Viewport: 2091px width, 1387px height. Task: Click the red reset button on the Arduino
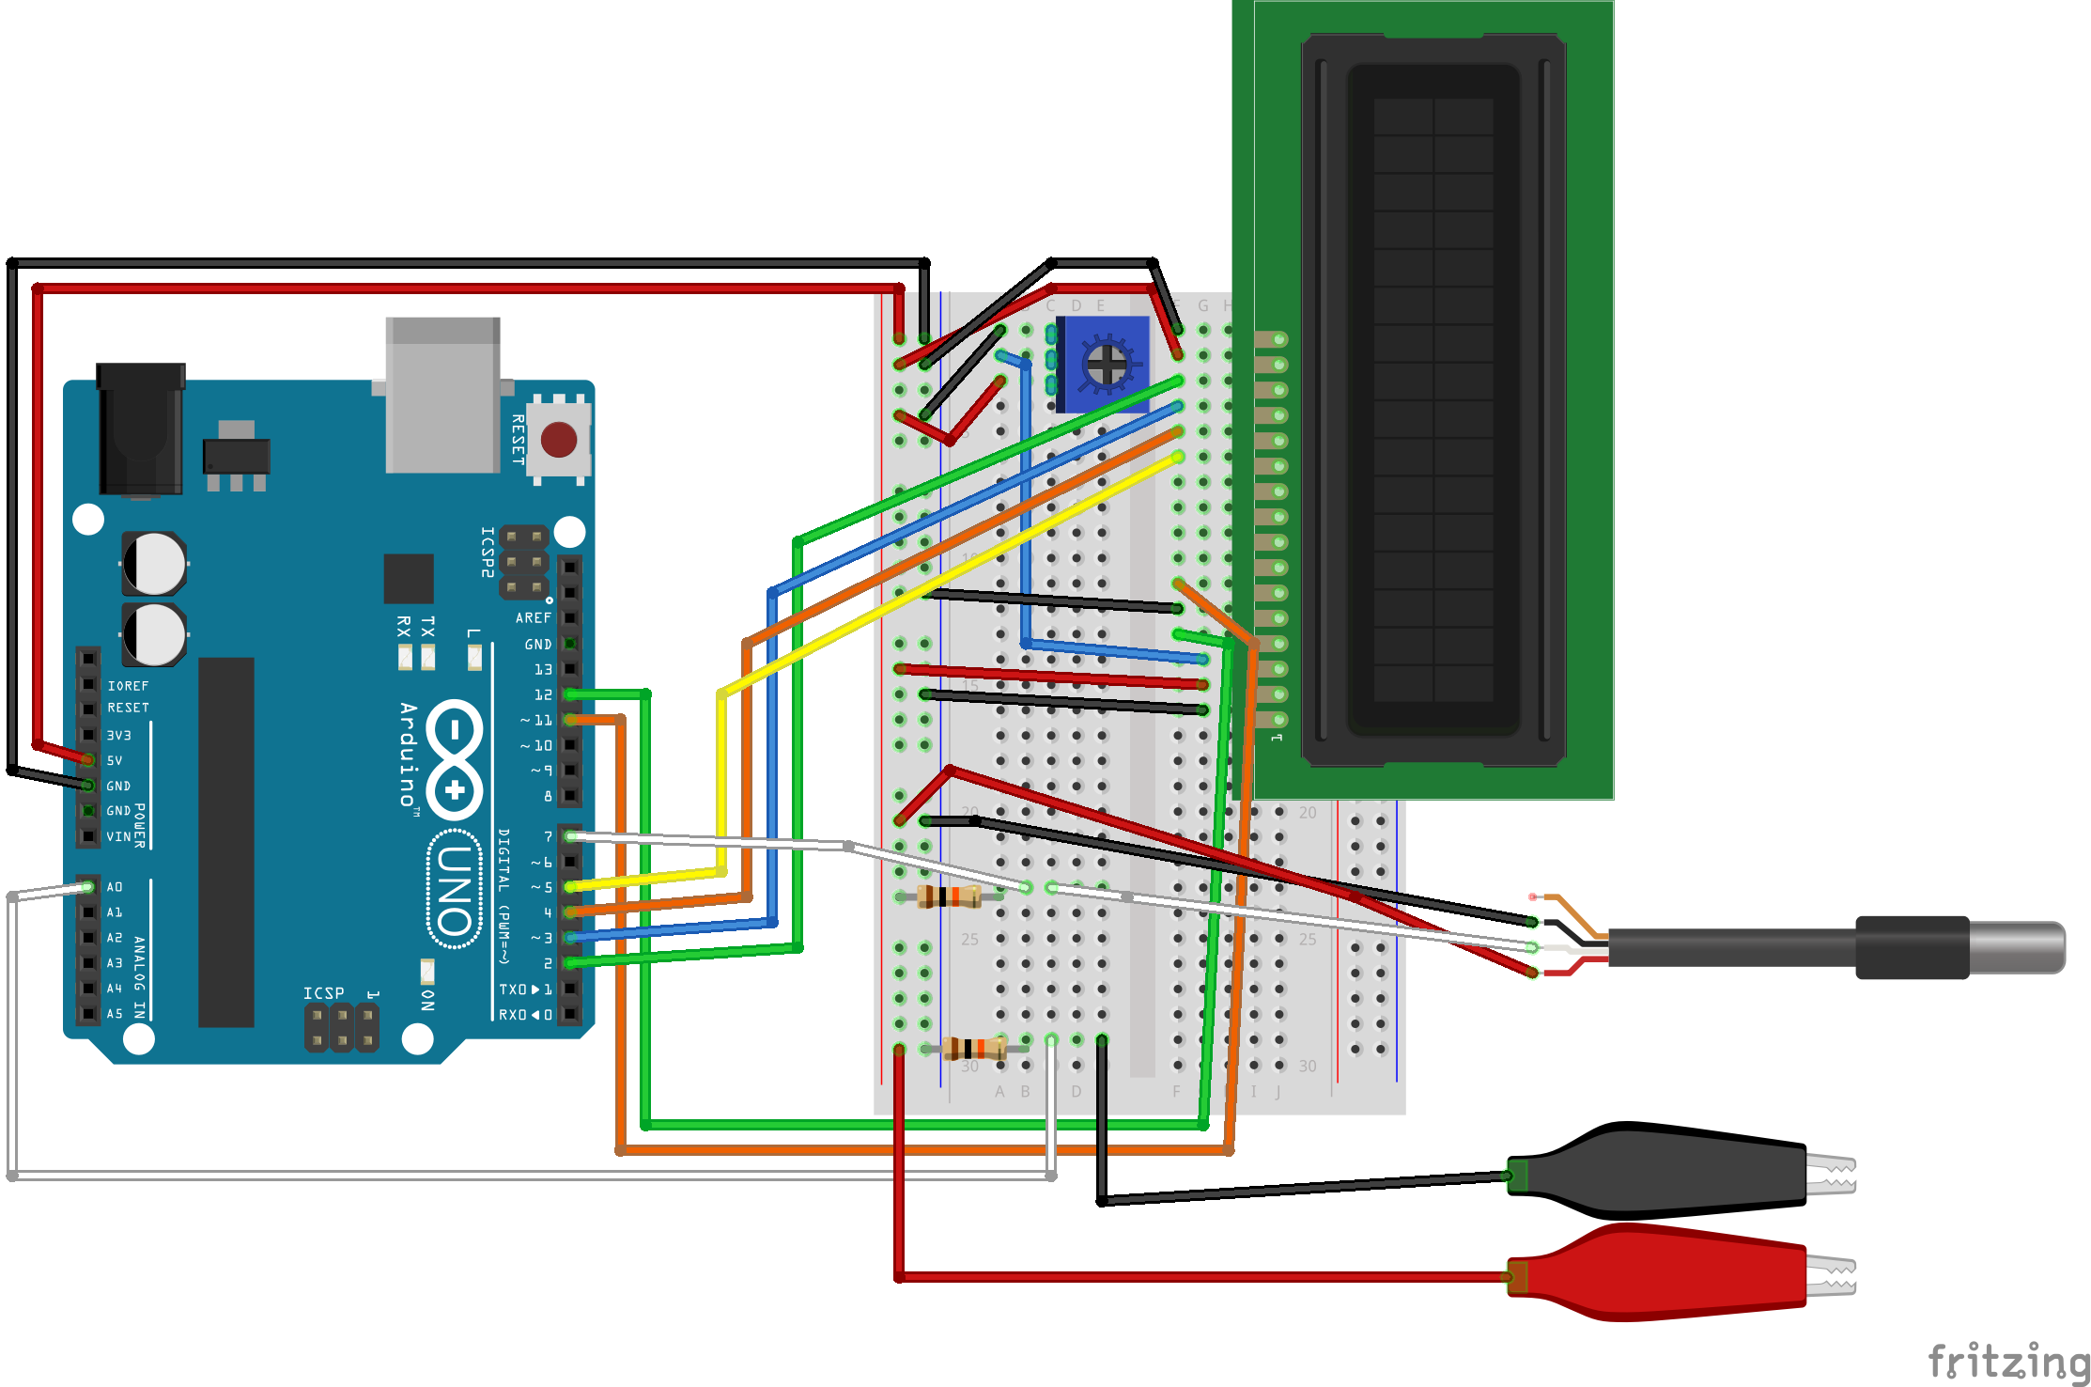[x=559, y=440]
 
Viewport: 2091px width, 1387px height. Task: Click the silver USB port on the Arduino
[x=442, y=395]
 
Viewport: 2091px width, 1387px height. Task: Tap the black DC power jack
[x=141, y=428]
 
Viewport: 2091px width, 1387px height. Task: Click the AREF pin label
[x=533, y=618]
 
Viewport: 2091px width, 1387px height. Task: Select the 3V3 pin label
[x=119, y=736]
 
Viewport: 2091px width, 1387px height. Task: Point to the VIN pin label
[x=118, y=836]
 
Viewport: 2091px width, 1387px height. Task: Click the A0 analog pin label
[x=115, y=887]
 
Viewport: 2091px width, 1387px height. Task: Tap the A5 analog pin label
[x=115, y=1014]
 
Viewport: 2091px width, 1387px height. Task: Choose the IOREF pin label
[x=128, y=686]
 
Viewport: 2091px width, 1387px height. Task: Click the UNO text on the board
[x=455, y=889]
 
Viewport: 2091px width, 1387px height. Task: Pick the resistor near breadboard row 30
[x=974, y=1048]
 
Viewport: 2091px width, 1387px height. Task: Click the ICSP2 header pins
[x=523, y=562]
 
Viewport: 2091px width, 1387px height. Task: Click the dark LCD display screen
[x=1433, y=399]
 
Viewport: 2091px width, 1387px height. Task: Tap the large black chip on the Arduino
[x=226, y=841]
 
